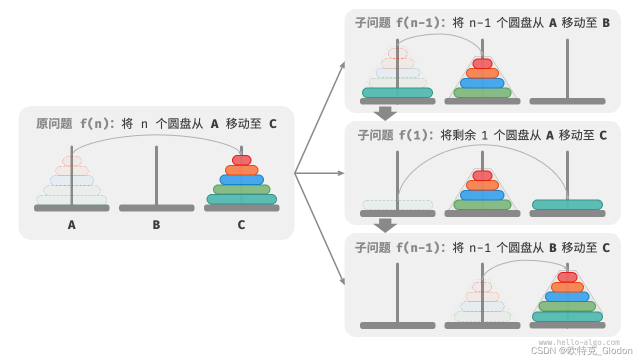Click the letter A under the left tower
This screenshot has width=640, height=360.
pyautogui.click(x=71, y=225)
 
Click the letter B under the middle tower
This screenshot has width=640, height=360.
pyautogui.click(x=156, y=225)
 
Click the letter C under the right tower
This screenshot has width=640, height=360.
pyautogui.click(x=241, y=225)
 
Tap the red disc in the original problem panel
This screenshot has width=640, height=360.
pyautogui.click(x=241, y=160)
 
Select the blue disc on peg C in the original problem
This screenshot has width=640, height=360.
pyautogui.click(x=241, y=179)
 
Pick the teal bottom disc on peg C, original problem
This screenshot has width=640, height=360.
pyautogui.click(x=241, y=199)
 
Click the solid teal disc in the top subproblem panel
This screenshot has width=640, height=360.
pyautogui.click(x=397, y=92)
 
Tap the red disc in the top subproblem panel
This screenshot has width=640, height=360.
pyautogui.click(x=482, y=63)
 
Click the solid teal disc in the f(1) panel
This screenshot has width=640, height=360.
pyautogui.click(x=567, y=204)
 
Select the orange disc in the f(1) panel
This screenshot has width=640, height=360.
pyautogui.click(x=482, y=185)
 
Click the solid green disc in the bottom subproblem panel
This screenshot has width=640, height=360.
pyautogui.click(x=567, y=306)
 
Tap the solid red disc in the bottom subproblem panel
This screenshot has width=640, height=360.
pyautogui.click(x=567, y=277)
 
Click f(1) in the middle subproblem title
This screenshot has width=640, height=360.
pyautogui.click(x=415, y=135)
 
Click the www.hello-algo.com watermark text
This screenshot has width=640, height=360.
pyautogui.click(x=578, y=342)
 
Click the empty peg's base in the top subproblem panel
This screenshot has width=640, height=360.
pyautogui.click(x=567, y=101)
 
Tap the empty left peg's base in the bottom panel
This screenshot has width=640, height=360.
pyautogui.click(x=397, y=325)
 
